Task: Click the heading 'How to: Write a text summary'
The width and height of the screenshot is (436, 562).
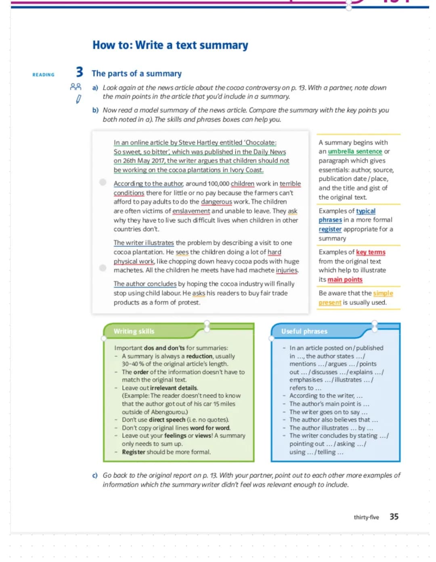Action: click(x=170, y=45)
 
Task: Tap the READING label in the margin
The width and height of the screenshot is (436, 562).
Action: click(x=43, y=75)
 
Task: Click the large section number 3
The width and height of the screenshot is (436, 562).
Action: click(x=80, y=72)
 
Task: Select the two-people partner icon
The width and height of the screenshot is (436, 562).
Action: click(x=75, y=87)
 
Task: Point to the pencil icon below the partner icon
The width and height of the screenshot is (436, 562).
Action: click(x=79, y=99)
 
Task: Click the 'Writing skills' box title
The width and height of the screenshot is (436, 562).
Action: click(x=134, y=331)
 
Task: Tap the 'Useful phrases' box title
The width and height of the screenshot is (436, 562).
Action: click(x=304, y=331)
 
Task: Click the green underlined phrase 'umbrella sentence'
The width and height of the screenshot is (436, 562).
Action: click(x=355, y=152)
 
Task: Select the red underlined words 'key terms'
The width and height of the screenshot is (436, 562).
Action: click(x=371, y=252)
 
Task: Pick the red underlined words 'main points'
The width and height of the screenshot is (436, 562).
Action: click(x=345, y=279)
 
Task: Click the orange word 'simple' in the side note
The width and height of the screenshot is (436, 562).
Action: click(x=383, y=293)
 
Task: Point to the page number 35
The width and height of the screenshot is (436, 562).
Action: click(x=394, y=516)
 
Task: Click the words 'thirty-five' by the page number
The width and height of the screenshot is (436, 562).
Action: click(x=366, y=517)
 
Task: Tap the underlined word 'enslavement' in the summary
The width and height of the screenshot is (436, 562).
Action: click(x=191, y=211)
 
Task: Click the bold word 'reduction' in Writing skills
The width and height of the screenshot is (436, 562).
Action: click(x=199, y=356)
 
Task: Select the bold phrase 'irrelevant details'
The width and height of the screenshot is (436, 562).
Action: click(x=174, y=388)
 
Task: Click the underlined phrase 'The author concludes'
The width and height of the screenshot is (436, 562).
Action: click(x=145, y=284)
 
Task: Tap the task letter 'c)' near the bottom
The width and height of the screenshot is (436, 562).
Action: click(x=95, y=476)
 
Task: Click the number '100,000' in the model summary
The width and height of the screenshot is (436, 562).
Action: click(x=218, y=184)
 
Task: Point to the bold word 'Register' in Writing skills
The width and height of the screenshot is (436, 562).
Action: click(x=133, y=452)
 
